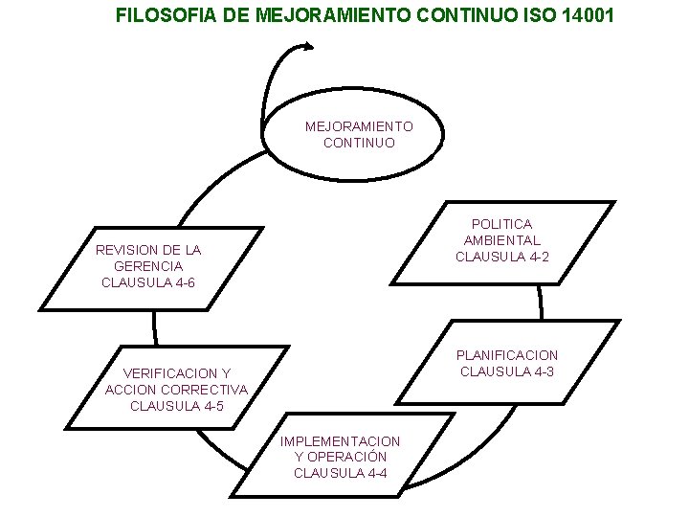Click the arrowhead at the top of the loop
pos(308,45)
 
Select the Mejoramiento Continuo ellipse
pos(359,134)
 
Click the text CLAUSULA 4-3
pos(507,371)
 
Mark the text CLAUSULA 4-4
pos(341,473)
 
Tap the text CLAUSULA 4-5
pos(177,406)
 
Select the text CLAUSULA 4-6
pos(148,282)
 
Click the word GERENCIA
pos(147,266)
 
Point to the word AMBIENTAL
pos(501,240)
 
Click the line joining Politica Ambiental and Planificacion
pos(541,304)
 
